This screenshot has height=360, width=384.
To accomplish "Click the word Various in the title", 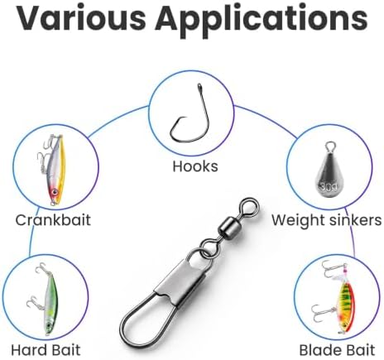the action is click(x=80, y=18).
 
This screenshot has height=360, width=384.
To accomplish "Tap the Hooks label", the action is click(x=195, y=166).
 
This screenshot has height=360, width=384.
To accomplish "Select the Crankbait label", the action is click(x=53, y=220).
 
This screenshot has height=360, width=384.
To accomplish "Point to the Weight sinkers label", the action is click(x=327, y=220).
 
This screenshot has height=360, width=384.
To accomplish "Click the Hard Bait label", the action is click(x=46, y=350).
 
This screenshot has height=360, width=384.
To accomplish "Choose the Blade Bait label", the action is click(x=337, y=350).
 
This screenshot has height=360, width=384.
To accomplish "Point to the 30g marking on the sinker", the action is click(x=329, y=187).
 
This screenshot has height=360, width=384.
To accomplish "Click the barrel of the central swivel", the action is click(x=228, y=227).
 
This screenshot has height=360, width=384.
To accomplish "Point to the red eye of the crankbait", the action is click(x=55, y=191).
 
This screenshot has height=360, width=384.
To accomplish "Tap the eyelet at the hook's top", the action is click(x=199, y=87).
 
